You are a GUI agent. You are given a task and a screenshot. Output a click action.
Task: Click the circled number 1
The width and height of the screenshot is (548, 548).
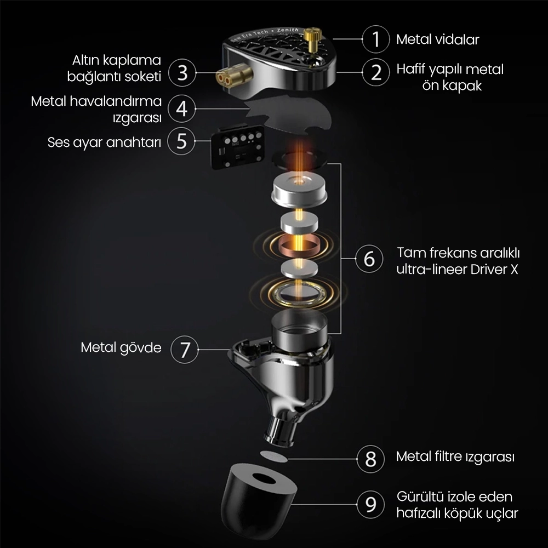point(376,39)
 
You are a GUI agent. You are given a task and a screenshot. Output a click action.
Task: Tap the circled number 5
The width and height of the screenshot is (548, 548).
point(182,142)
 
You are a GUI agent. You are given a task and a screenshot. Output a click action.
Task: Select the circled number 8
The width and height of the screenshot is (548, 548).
point(370,458)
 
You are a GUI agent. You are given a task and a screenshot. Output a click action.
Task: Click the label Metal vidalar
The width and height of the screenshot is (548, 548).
point(437,39)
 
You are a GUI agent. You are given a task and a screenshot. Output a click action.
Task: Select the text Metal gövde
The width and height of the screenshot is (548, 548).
point(121,347)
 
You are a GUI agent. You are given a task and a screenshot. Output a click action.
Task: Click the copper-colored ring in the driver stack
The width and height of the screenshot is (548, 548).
point(299,247)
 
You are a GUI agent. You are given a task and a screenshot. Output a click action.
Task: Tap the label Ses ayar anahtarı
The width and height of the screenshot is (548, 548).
point(104,142)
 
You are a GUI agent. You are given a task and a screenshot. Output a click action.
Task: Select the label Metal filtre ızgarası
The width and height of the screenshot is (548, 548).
point(455,456)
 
